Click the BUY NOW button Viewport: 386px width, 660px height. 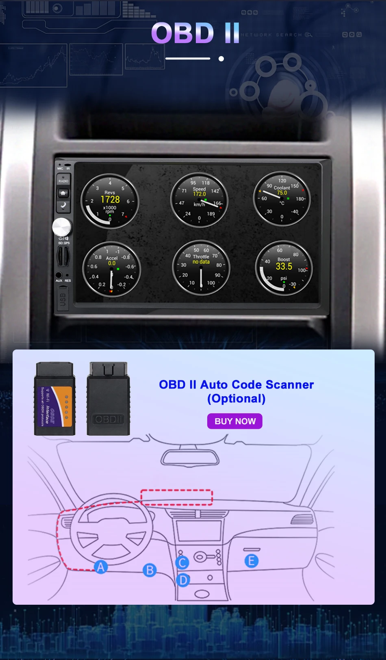pos(235,421)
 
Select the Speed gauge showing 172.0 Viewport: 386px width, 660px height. pos(199,200)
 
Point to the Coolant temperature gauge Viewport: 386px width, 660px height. pos(282,198)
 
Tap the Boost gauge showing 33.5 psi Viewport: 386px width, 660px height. pos(284,268)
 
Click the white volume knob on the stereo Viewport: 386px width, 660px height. pos(61,227)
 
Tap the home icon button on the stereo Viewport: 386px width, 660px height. pos(63,193)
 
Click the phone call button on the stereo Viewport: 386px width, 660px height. pos(63,206)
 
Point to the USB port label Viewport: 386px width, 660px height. pos(63,299)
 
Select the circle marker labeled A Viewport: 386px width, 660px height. pos(101,567)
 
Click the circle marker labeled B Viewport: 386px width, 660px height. pos(150,570)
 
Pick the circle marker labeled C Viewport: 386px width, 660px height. pos(182,562)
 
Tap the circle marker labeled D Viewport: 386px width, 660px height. pos(183,580)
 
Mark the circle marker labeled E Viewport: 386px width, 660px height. pos(251,561)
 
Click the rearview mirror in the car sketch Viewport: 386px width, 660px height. pos(190,458)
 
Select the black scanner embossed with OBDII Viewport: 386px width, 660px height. pos(108,399)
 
